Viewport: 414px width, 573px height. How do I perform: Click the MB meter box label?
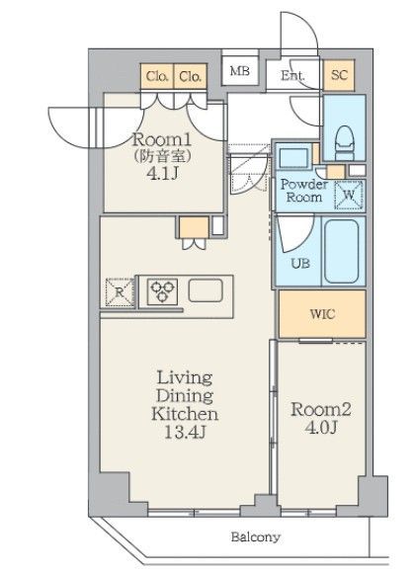[x=240, y=70]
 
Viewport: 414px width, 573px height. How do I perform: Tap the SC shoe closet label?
[x=339, y=75]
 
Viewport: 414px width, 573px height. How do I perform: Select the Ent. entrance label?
[x=293, y=75]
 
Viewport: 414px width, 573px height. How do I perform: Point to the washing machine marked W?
[x=349, y=196]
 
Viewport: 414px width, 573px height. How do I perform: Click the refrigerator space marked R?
[x=120, y=292]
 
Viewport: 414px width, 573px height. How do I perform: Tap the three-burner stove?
[x=162, y=291]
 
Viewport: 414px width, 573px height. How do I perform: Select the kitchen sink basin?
[x=206, y=290]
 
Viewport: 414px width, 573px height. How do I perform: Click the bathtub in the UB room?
[x=342, y=251]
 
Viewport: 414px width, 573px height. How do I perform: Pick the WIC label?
[x=322, y=314]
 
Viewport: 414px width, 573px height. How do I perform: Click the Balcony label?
[x=256, y=537]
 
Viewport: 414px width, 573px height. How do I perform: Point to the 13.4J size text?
[x=185, y=433]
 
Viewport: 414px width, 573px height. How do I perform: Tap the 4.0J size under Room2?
[x=320, y=428]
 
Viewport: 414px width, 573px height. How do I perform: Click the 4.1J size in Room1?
[x=162, y=174]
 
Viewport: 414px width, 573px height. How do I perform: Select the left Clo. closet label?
[x=157, y=76]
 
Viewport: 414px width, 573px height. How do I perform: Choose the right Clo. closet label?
[x=190, y=76]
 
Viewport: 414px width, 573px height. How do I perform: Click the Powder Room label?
[x=304, y=191]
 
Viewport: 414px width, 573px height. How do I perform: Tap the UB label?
[x=300, y=263]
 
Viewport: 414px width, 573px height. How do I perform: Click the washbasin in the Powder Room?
[x=293, y=157]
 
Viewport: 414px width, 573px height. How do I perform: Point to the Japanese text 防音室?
[x=162, y=157]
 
